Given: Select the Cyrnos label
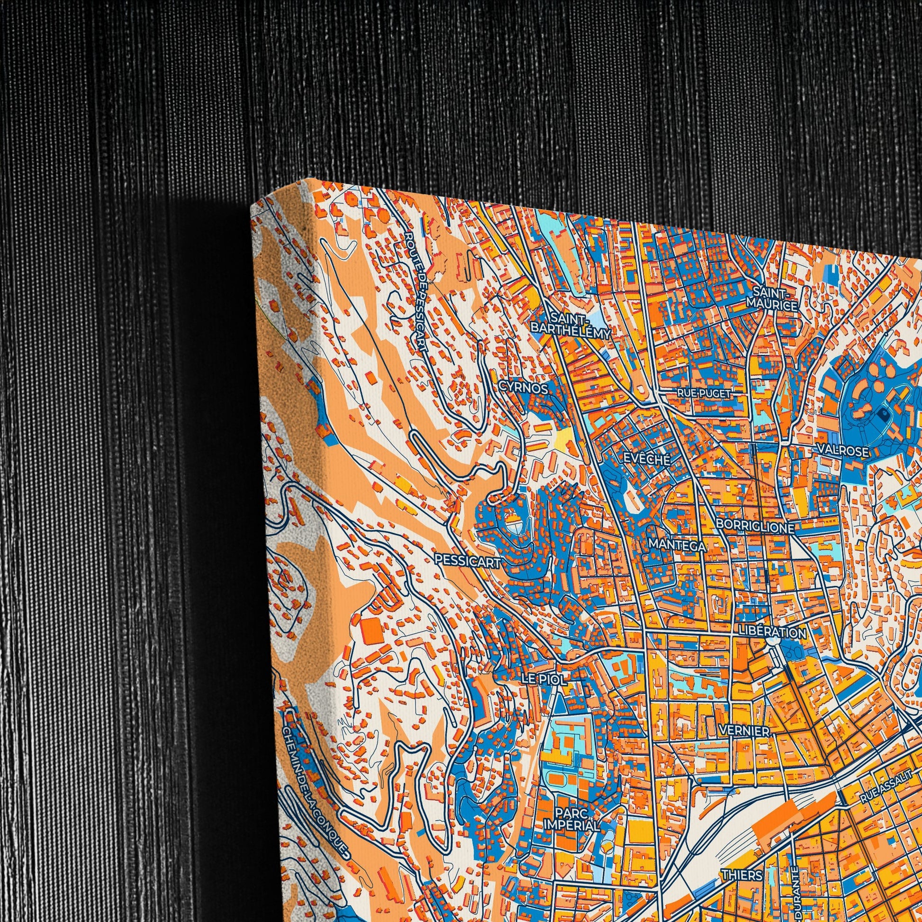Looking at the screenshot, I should (x=524, y=389).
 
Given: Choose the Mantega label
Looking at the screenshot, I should (x=677, y=546).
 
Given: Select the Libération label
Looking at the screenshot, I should (x=772, y=632).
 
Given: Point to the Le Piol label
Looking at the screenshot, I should (x=544, y=679).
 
